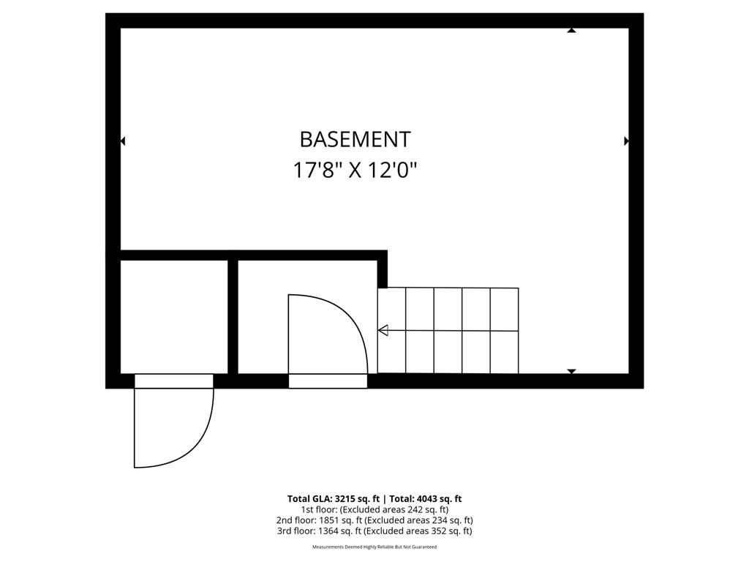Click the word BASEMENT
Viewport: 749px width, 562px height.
355,140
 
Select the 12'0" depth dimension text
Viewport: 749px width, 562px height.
392,170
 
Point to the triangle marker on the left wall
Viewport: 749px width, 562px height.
123,141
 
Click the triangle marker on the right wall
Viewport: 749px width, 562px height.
627,141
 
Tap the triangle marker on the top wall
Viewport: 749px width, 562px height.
571,30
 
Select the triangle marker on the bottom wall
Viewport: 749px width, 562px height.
571,371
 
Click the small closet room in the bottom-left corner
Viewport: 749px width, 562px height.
174,317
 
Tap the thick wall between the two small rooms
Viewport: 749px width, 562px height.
233,317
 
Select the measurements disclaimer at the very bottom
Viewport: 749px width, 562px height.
374,547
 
